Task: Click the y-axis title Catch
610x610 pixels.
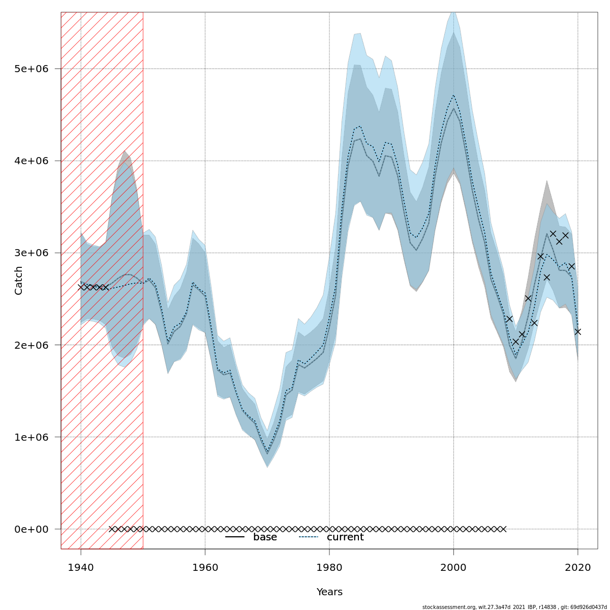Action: pos(19,280)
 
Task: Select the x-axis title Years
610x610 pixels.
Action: pos(329,592)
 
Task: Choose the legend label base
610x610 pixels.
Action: pos(265,537)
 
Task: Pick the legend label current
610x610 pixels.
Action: pos(345,537)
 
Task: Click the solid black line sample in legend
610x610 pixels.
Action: pos(235,537)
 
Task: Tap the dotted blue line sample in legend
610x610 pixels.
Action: pos(309,537)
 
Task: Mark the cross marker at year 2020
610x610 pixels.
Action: pos(578,332)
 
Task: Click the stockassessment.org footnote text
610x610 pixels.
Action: pos(514,607)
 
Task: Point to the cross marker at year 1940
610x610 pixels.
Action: pos(81,287)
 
